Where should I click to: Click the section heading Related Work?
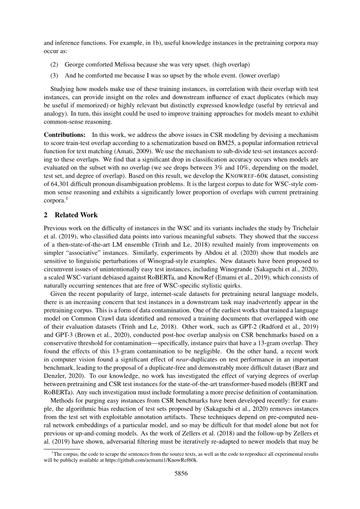pos(76,215)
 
